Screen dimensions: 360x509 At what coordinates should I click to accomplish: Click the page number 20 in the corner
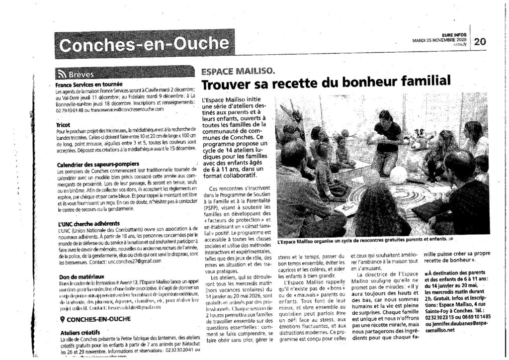[x=481, y=42]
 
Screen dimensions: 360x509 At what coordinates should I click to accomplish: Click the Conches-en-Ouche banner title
[x=144, y=45]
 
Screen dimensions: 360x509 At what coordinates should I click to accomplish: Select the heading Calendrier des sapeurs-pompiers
[x=97, y=164]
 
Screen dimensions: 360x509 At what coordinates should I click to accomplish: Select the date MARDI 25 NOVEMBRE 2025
[x=439, y=39]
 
